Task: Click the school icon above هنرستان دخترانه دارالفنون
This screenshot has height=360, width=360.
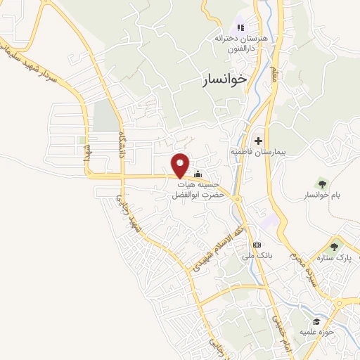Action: pyautogui.click(x=240, y=28)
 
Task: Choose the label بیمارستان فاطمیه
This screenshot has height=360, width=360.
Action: pyautogui.click(x=257, y=152)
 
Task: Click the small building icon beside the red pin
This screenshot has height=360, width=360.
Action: pyautogui.click(x=198, y=174)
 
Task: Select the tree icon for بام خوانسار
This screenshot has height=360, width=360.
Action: pyautogui.click(x=323, y=183)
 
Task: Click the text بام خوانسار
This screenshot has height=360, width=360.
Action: pyautogui.click(x=323, y=195)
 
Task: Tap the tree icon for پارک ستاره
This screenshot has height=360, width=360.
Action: pyautogui.click(x=333, y=246)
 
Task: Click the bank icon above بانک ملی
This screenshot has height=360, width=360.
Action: pyautogui.click(x=257, y=245)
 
